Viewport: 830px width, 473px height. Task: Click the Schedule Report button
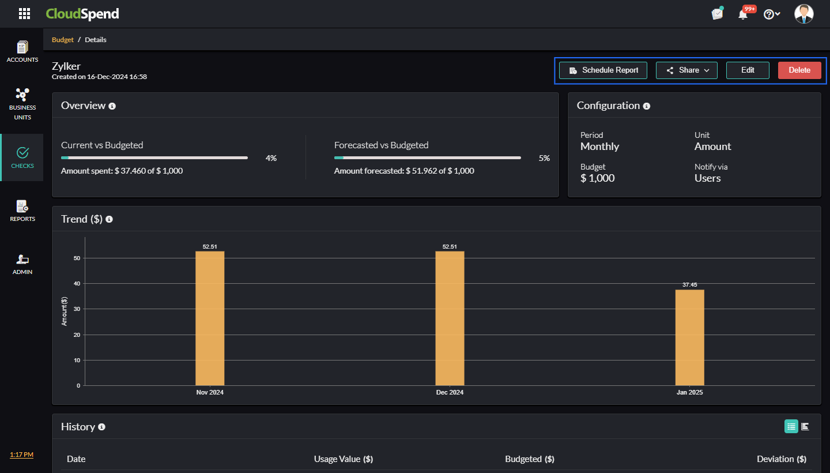[603, 70]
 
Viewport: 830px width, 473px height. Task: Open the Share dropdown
[686, 70]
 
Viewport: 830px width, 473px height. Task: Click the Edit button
[748, 70]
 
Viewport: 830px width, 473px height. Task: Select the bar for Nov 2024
[210, 318]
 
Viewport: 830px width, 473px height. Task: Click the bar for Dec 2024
[450, 318]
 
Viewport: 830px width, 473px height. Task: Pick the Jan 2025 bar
[689, 337]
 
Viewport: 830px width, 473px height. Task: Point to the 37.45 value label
[690, 285]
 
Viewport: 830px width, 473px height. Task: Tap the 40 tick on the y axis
[77, 284]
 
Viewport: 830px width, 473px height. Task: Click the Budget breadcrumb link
[63, 40]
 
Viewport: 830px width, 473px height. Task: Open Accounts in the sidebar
[22, 51]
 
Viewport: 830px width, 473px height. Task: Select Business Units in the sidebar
[22, 103]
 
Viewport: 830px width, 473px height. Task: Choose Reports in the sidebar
[22, 211]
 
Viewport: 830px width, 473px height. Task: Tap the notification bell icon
[743, 14]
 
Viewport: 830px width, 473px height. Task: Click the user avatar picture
[803, 14]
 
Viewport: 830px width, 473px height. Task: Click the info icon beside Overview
[112, 106]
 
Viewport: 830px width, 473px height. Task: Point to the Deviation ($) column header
[781, 459]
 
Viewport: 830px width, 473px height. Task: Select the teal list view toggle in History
[791, 426]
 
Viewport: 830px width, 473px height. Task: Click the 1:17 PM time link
[21, 455]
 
